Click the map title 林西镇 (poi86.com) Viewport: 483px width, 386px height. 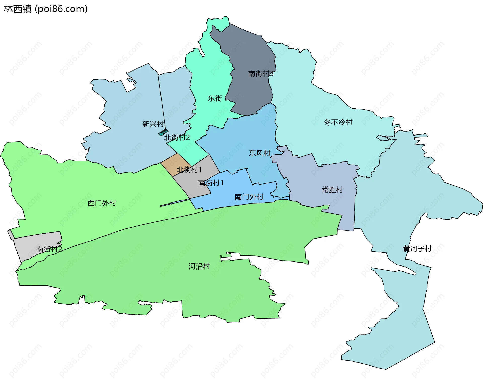[46, 9]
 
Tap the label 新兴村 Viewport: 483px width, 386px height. [153, 124]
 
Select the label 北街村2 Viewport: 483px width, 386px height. [177, 138]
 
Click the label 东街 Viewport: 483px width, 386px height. [215, 98]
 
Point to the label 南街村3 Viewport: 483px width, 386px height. [261, 74]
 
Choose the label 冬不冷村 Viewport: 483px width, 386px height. [338, 122]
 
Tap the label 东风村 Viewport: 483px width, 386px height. [260, 153]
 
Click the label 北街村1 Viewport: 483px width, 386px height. [189, 170]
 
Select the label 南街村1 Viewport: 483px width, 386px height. [211, 183]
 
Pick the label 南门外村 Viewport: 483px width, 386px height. [249, 197]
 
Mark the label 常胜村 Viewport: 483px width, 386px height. [332, 190]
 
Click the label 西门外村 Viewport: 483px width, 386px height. [102, 203]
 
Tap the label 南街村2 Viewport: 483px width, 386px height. [49, 249]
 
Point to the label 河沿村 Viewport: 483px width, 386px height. [199, 266]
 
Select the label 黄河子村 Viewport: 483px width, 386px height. [417, 249]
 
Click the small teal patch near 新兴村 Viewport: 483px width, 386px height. [163, 132]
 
